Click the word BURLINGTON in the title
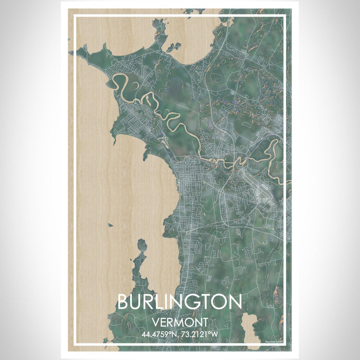179,302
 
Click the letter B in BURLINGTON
123,302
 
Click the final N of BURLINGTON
235,302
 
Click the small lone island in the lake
111,225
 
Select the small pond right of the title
250,324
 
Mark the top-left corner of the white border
75,16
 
